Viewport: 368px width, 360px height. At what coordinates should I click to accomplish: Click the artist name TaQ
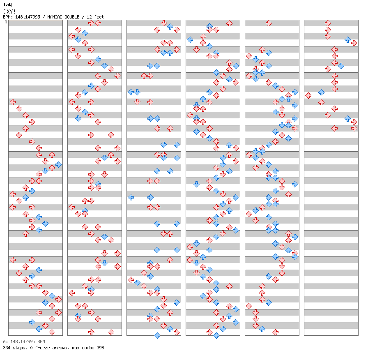pos(7,5)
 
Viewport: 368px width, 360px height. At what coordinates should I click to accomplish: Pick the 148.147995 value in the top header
pos(30,17)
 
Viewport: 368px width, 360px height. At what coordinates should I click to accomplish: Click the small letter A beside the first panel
pos(6,22)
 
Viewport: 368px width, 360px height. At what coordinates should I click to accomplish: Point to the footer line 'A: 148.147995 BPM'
pos(24,342)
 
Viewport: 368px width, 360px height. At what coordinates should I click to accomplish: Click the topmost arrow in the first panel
pos(12,102)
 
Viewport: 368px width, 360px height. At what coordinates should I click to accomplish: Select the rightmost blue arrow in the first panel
pos(58,164)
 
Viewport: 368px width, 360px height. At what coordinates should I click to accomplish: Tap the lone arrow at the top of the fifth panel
pos(269,23)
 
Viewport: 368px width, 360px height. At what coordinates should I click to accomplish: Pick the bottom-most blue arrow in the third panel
pos(157,335)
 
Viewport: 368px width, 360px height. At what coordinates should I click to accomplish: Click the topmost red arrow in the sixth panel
pos(328,23)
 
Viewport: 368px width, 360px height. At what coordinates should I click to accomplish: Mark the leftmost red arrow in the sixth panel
pos(308,95)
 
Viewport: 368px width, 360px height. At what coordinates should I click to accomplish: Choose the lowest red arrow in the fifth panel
pos(275,332)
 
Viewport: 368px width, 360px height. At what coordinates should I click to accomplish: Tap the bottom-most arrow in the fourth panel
pos(216,335)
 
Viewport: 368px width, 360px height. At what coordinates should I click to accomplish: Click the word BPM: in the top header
pos(9,17)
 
